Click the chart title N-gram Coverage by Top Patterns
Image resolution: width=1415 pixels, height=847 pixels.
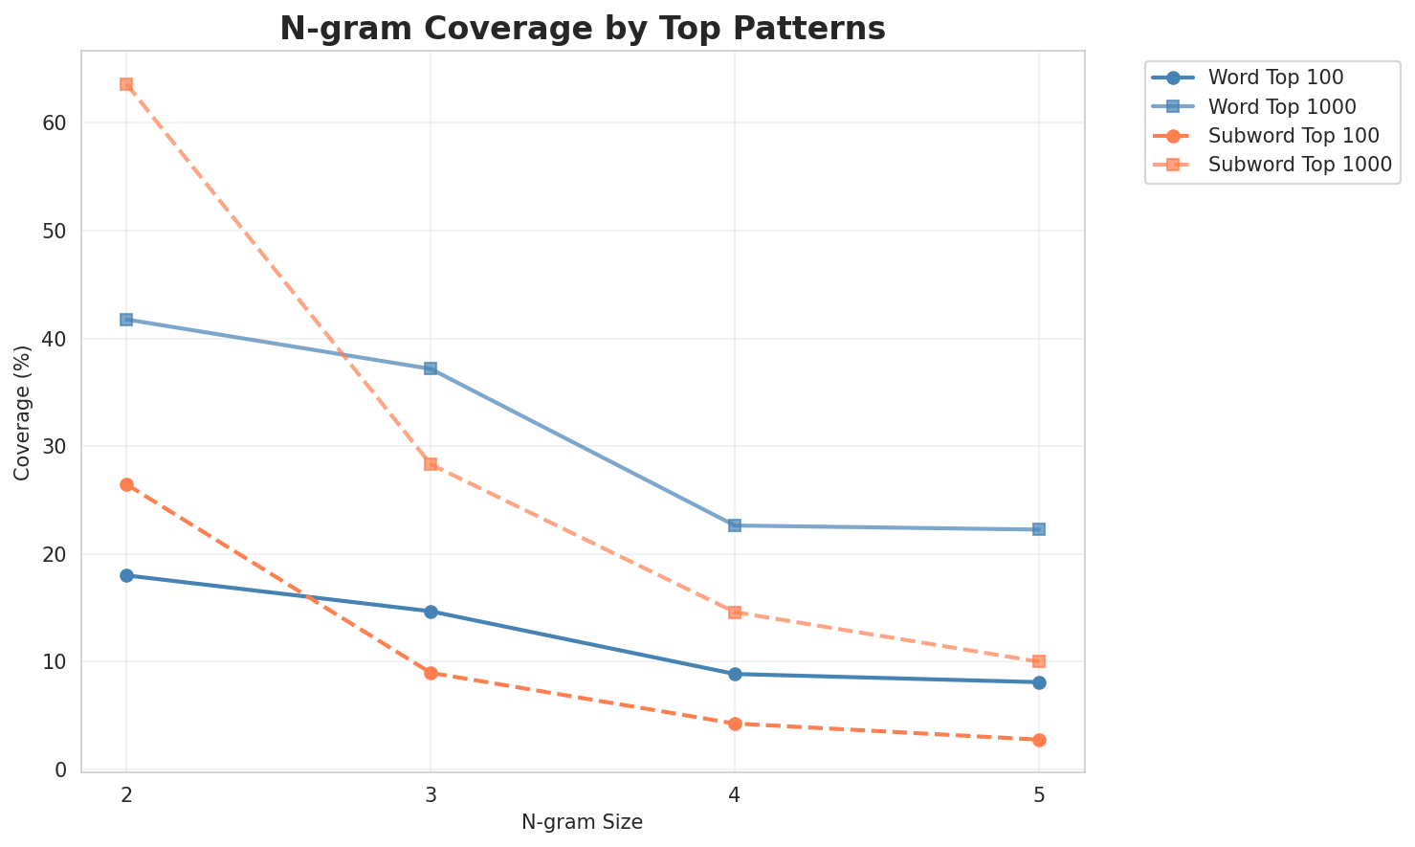pos(582,29)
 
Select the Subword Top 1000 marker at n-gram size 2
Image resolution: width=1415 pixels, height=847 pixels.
pos(126,84)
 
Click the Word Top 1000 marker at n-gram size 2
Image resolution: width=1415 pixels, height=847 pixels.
pos(126,320)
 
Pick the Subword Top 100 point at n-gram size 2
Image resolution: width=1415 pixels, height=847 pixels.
pos(126,485)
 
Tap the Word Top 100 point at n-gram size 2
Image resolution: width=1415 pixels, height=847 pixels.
pos(126,575)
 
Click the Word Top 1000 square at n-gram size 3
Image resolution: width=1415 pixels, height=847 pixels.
pos(431,368)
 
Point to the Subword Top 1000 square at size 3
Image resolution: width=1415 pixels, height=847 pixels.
pos(431,464)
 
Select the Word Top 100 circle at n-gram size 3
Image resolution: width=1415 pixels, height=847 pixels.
pos(431,612)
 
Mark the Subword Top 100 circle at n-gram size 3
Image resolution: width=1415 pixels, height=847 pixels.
pos(431,673)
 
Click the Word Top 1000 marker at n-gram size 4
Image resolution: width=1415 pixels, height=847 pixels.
pos(735,525)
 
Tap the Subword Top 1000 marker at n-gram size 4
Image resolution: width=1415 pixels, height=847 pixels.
pos(735,613)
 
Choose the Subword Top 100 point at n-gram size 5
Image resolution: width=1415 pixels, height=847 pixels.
pos(1039,740)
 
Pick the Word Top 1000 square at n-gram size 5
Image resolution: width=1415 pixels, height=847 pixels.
pos(1039,529)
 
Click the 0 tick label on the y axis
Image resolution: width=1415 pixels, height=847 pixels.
pos(60,769)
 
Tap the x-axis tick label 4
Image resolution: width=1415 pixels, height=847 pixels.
pos(735,795)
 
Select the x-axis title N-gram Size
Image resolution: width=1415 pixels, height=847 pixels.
pos(582,822)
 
